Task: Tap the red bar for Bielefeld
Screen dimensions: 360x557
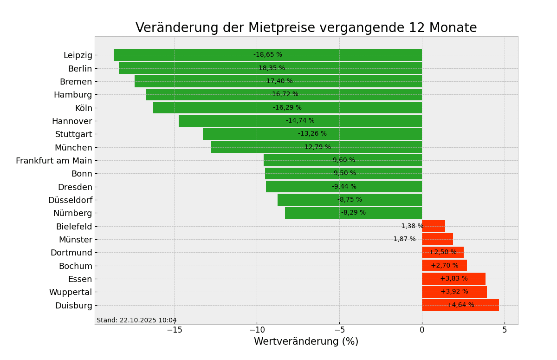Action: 434,226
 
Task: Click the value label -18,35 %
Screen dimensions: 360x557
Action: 271,68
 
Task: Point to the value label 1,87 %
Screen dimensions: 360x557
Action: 404,239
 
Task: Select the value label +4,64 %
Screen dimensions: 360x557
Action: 460,305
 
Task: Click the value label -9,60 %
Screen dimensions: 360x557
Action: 343,160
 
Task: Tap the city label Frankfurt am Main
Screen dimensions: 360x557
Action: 54,161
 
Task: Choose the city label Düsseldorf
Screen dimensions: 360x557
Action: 70,200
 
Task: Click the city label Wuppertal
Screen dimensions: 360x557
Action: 71,292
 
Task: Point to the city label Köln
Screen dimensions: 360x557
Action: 84,108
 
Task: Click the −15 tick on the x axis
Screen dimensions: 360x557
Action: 174,330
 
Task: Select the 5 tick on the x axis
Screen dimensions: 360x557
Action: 505,330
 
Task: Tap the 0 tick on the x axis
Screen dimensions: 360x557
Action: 422,330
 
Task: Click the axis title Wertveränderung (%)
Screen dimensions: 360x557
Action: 306,342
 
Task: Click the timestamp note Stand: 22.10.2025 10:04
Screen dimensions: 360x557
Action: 136,321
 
